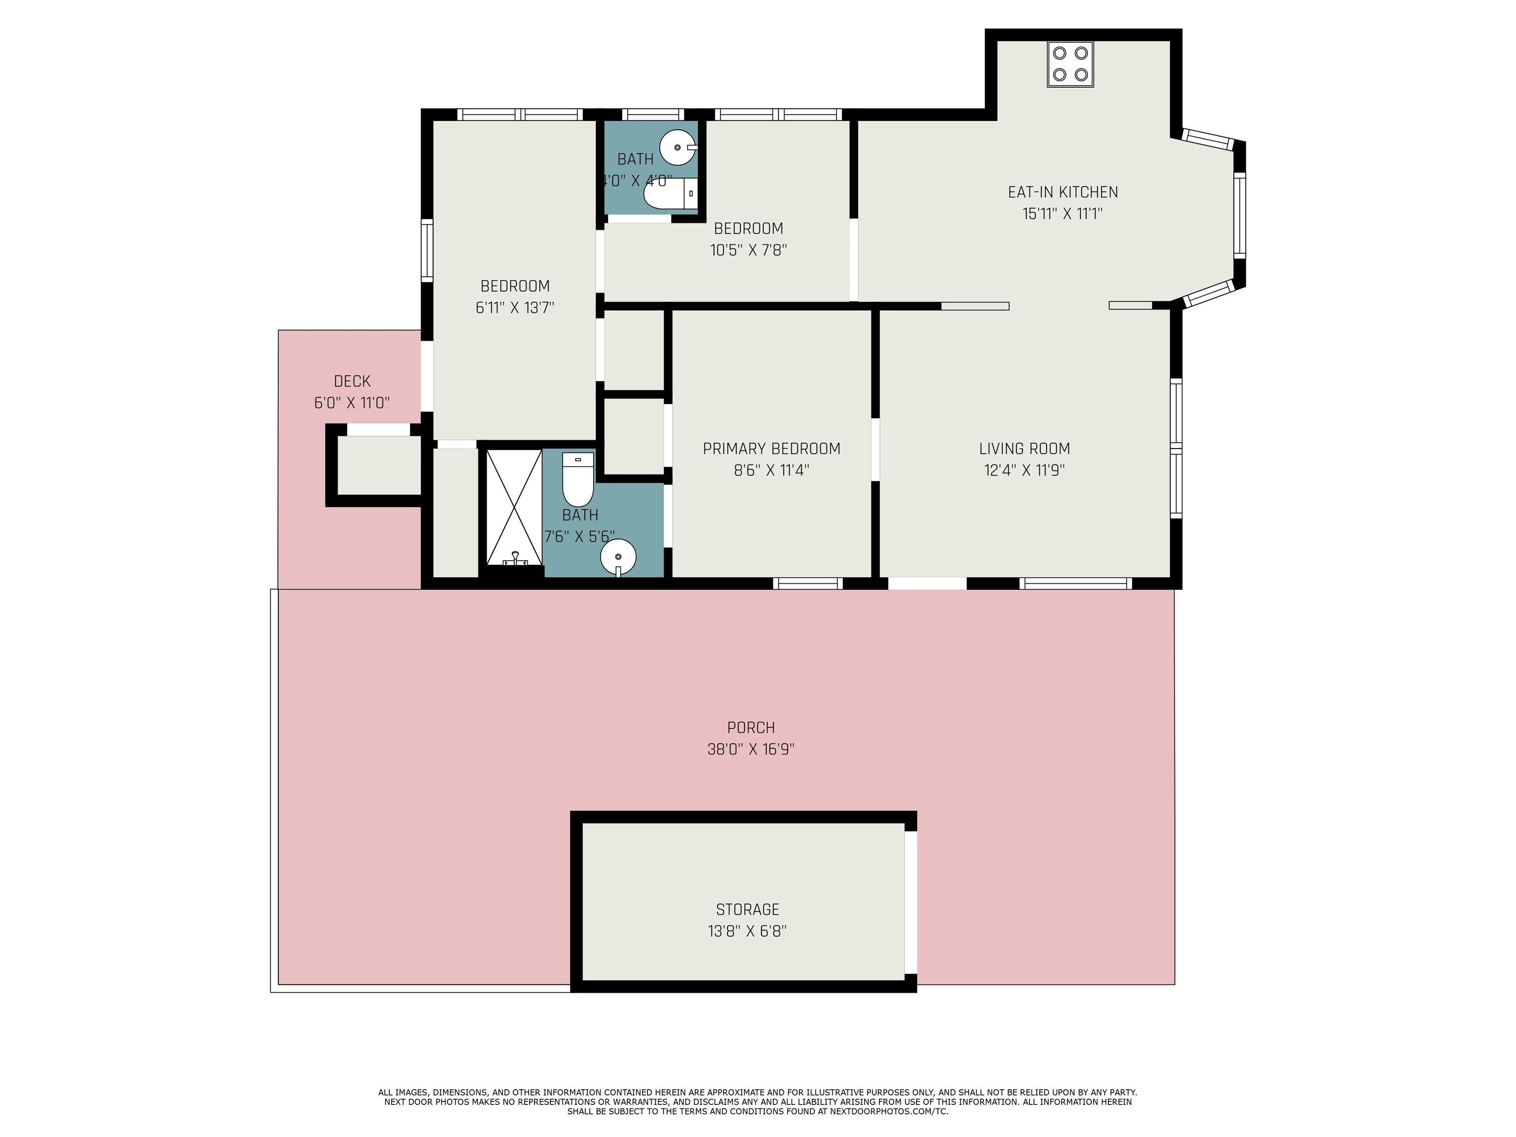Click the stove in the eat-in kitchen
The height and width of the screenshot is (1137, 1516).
pos(1070,65)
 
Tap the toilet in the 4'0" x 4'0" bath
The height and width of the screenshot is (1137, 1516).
pos(670,193)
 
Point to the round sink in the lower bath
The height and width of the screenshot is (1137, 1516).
pos(618,558)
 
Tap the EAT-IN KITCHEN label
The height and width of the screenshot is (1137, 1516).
pos(1062,192)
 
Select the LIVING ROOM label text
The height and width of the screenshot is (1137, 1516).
pos(1024,449)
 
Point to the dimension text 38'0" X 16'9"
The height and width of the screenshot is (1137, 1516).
pos(751,749)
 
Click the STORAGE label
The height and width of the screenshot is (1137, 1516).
pos(748,910)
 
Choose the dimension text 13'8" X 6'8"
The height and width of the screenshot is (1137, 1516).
pos(748,931)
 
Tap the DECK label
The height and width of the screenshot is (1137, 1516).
pos(352,381)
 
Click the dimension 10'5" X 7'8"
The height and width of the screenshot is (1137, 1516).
pos(749,250)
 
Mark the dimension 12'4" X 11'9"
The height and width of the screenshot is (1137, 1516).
pos(1024,471)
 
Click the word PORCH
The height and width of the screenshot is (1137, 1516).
pos(751,727)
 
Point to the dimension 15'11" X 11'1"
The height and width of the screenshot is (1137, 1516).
pos(1062,214)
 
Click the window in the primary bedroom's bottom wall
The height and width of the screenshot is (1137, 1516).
pos(808,583)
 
